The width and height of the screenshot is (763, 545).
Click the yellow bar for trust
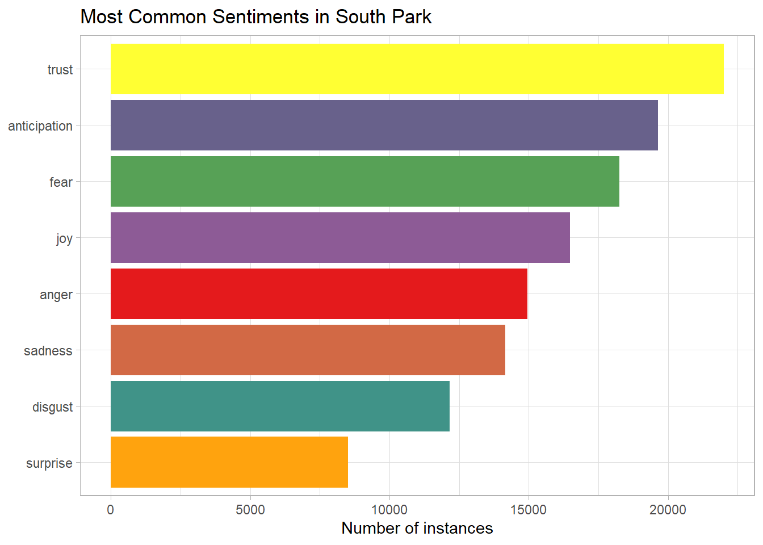417,69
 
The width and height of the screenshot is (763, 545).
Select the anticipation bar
384,125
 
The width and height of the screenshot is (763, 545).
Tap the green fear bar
365,181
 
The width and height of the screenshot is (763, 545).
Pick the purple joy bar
340,237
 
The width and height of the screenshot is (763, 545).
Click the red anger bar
319,294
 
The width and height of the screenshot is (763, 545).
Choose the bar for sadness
308,350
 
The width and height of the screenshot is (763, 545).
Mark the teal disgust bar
280,406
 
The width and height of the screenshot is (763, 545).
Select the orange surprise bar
229,462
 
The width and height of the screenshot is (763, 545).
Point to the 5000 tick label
250,510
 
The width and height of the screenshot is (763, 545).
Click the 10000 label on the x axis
389,510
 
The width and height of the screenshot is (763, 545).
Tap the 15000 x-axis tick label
529,510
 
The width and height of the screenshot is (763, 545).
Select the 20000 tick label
668,510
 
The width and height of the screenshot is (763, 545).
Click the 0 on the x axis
111,510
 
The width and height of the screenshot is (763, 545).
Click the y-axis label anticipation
40,126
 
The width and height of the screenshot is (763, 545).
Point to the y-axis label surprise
49,463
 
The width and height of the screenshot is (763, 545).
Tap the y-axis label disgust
53,407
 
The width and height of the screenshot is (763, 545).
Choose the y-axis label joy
64,238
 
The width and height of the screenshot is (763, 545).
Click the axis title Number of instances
417,529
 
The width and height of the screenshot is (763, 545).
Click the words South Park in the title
383,17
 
